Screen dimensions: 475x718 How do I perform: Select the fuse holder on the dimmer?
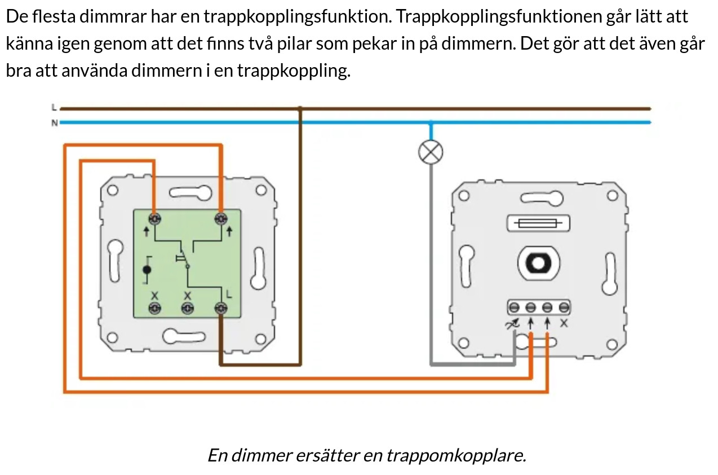pos(538,223)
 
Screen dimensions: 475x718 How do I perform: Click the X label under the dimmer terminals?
pos(565,324)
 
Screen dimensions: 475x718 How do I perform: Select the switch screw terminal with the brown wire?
pos(221,308)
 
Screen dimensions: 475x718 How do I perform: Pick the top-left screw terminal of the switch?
pos(154,218)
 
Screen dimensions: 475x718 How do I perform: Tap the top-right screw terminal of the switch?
pos(221,218)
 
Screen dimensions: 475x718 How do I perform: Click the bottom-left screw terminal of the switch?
pos(154,308)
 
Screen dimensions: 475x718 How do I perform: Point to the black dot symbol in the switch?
pos(147,270)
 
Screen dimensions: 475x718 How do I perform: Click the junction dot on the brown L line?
pos(300,108)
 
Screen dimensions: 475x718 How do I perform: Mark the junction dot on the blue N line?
pos(431,122)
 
